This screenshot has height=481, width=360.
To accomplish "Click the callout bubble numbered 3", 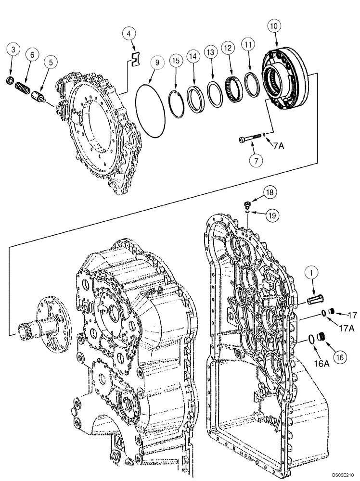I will coord(13,49).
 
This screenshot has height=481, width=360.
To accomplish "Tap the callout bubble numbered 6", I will coord(32,55).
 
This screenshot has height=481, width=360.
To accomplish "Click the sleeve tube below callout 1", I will coord(317,301).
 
